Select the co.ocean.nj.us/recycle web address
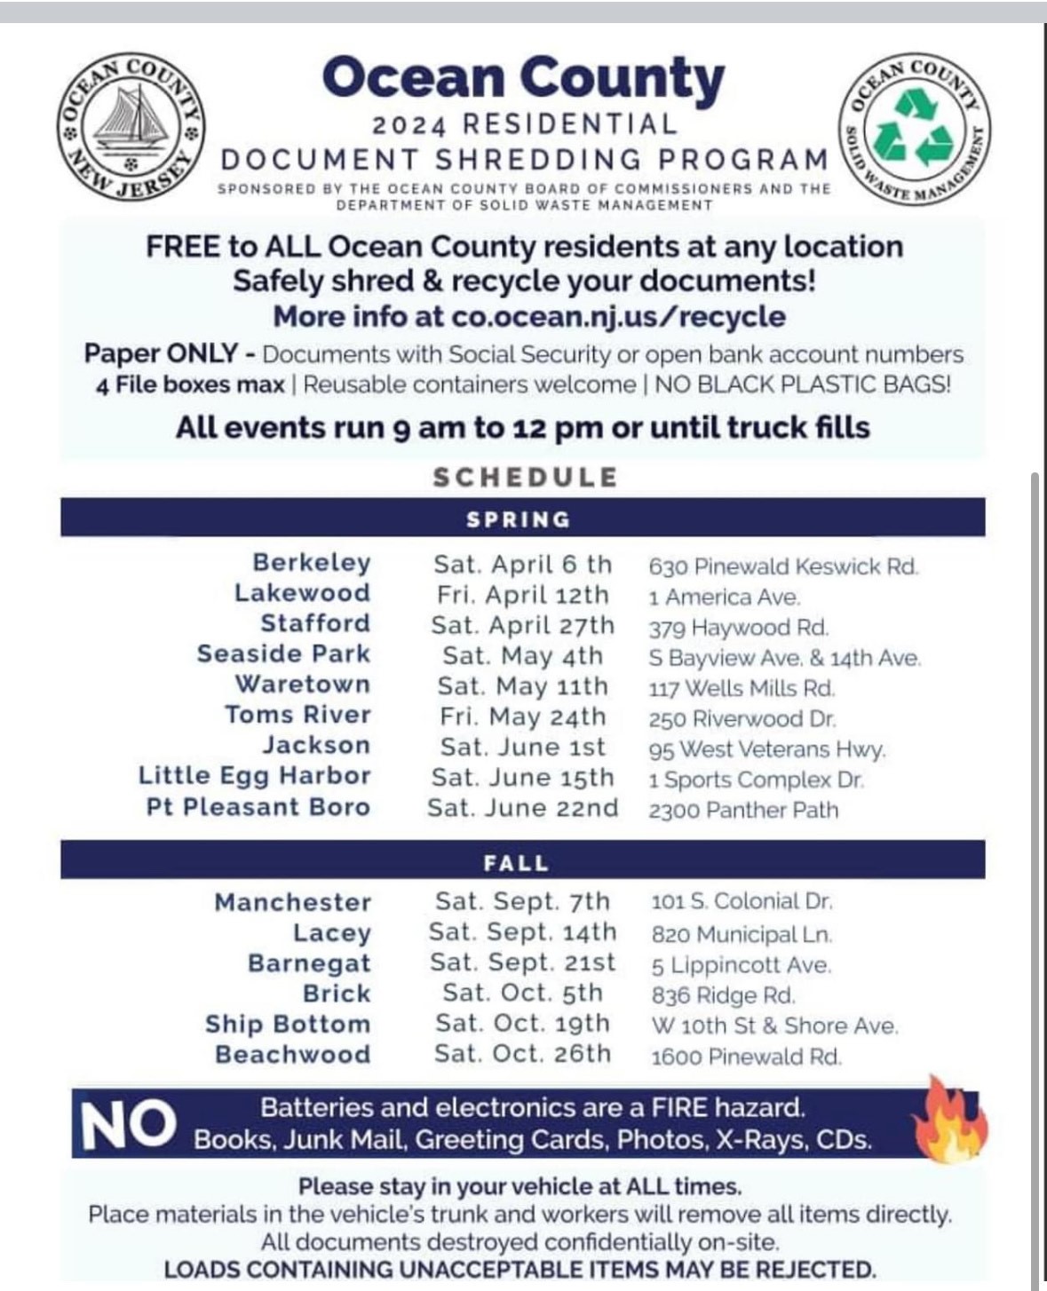pos(618,317)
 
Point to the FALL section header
pos(517,862)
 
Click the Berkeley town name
pos(311,563)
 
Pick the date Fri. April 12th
pos(522,595)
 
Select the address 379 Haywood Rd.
pos(739,628)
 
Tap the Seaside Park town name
pos(283,654)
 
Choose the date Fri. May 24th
pos(522,717)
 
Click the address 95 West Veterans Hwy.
pos(767,750)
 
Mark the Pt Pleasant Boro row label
pos(258,807)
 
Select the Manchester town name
pos(292,903)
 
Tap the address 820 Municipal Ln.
pos(742,934)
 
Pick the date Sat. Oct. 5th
pos(522,993)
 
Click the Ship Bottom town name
pos(287,1025)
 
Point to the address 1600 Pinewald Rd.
pos(746,1057)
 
